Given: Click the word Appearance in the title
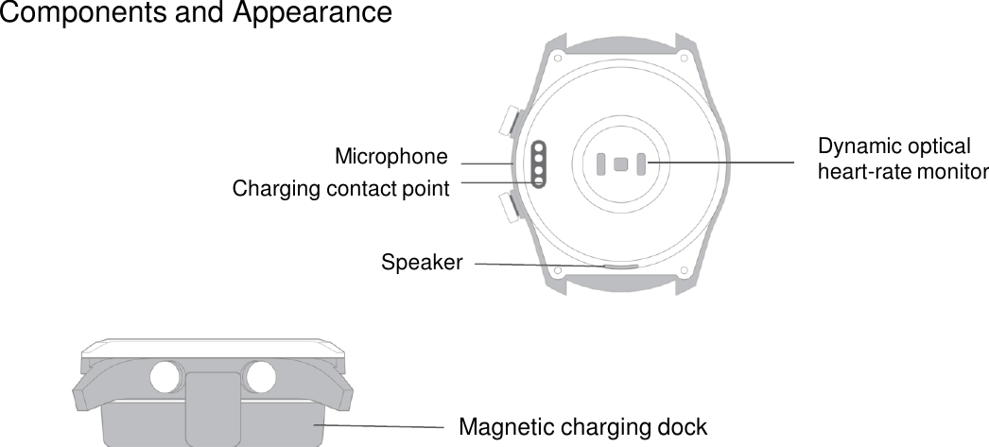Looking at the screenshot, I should [313, 14].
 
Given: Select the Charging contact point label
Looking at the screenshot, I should [340, 189].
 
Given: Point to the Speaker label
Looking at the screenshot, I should [422, 262].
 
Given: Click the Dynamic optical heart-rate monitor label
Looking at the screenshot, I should [902, 160].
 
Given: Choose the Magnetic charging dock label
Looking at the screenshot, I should [582, 426].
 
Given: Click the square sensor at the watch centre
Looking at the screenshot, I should [620, 163].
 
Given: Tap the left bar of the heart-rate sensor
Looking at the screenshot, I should [601, 163].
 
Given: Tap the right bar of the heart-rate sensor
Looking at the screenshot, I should [640, 163].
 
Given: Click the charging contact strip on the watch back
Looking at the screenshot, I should [539, 164].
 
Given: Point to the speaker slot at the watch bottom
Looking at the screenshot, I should [619, 266].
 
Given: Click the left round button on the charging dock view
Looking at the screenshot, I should [166, 377].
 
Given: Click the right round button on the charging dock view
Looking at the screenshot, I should [259, 377].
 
